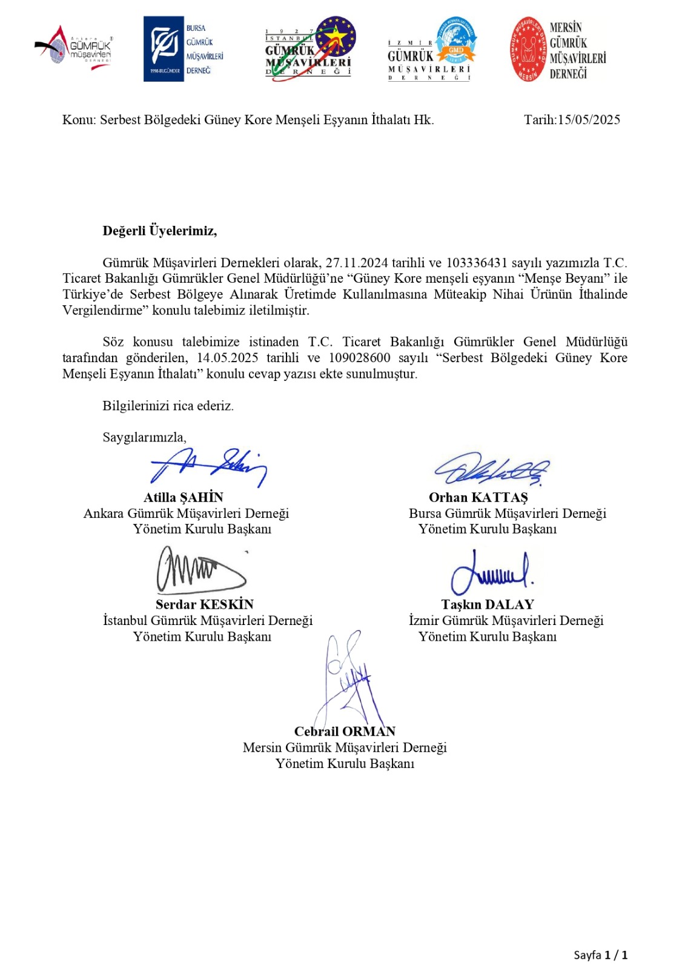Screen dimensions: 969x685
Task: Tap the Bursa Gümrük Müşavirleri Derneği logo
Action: pos(184,49)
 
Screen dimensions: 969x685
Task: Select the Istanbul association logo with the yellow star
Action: pos(309,49)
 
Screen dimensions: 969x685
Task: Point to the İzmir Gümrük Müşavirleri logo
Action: pos(431,49)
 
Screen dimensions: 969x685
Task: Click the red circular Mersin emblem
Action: pos(528,49)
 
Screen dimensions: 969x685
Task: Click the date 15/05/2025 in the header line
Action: pos(589,120)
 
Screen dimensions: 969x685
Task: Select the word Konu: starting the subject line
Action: pos(79,120)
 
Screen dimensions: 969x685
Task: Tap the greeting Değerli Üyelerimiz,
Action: pos(159,231)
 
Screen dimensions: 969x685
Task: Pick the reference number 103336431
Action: pos(476,263)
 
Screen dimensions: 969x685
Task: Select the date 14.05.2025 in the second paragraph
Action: pos(227,358)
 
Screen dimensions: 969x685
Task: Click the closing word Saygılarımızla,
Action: pos(144,437)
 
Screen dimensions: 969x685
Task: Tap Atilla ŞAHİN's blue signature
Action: pos(209,466)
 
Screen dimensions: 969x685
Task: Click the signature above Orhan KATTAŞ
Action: pos(491,469)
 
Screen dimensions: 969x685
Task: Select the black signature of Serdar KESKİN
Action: pos(200,570)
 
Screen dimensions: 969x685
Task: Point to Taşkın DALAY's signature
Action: pos(491,572)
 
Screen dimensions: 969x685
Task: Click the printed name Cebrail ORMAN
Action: pos(345,732)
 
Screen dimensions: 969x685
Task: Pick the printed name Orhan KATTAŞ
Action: pos(478,498)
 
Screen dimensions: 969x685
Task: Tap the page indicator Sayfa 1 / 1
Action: pos(600,955)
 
